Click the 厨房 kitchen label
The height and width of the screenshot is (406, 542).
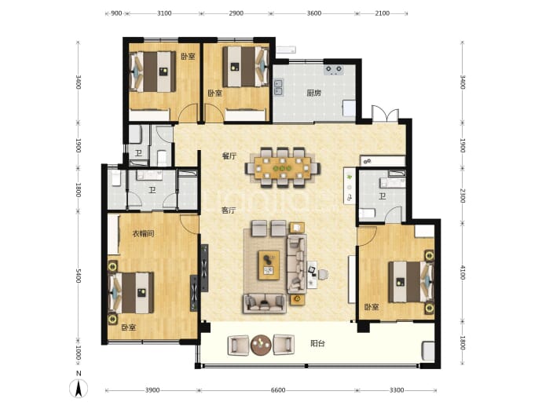[314, 93]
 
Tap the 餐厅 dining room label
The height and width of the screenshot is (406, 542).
[229, 156]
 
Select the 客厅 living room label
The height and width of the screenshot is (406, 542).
[229, 210]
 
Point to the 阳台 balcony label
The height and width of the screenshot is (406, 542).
[317, 343]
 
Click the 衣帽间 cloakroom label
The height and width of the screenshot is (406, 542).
[143, 234]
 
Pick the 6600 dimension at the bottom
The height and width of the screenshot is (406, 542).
[278, 390]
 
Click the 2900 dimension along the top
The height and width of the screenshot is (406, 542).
[236, 13]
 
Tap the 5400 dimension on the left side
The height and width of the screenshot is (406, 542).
[78, 276]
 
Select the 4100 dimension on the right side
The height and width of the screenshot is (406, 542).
[463, 272]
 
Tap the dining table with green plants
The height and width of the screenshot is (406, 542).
[283, 168]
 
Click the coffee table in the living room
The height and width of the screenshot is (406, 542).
[269, 265]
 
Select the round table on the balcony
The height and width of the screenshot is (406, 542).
[262, 345]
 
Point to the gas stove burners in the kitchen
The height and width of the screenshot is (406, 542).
[334, 70]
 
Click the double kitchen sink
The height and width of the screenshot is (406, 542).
[278, 87]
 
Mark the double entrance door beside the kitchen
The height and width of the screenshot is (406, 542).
[385, 114]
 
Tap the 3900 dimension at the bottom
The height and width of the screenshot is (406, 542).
[152, 390]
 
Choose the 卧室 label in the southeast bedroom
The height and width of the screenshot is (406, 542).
[372, 307]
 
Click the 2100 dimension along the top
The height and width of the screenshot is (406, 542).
[383, 13]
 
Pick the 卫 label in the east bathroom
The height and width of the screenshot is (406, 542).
[382, 196]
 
